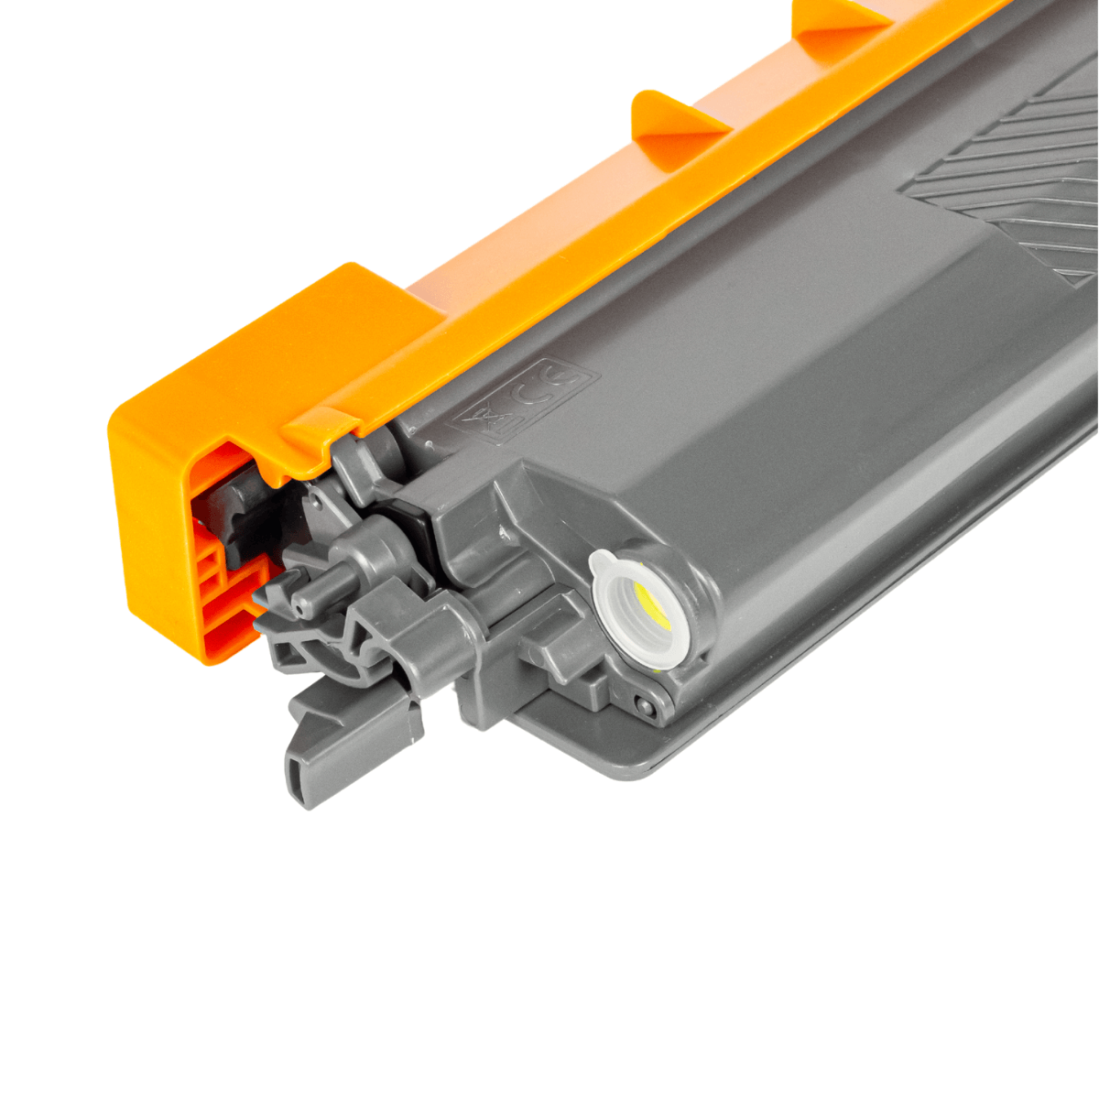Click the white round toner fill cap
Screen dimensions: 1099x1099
point(636,612)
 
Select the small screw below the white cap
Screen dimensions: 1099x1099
point(648,704)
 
